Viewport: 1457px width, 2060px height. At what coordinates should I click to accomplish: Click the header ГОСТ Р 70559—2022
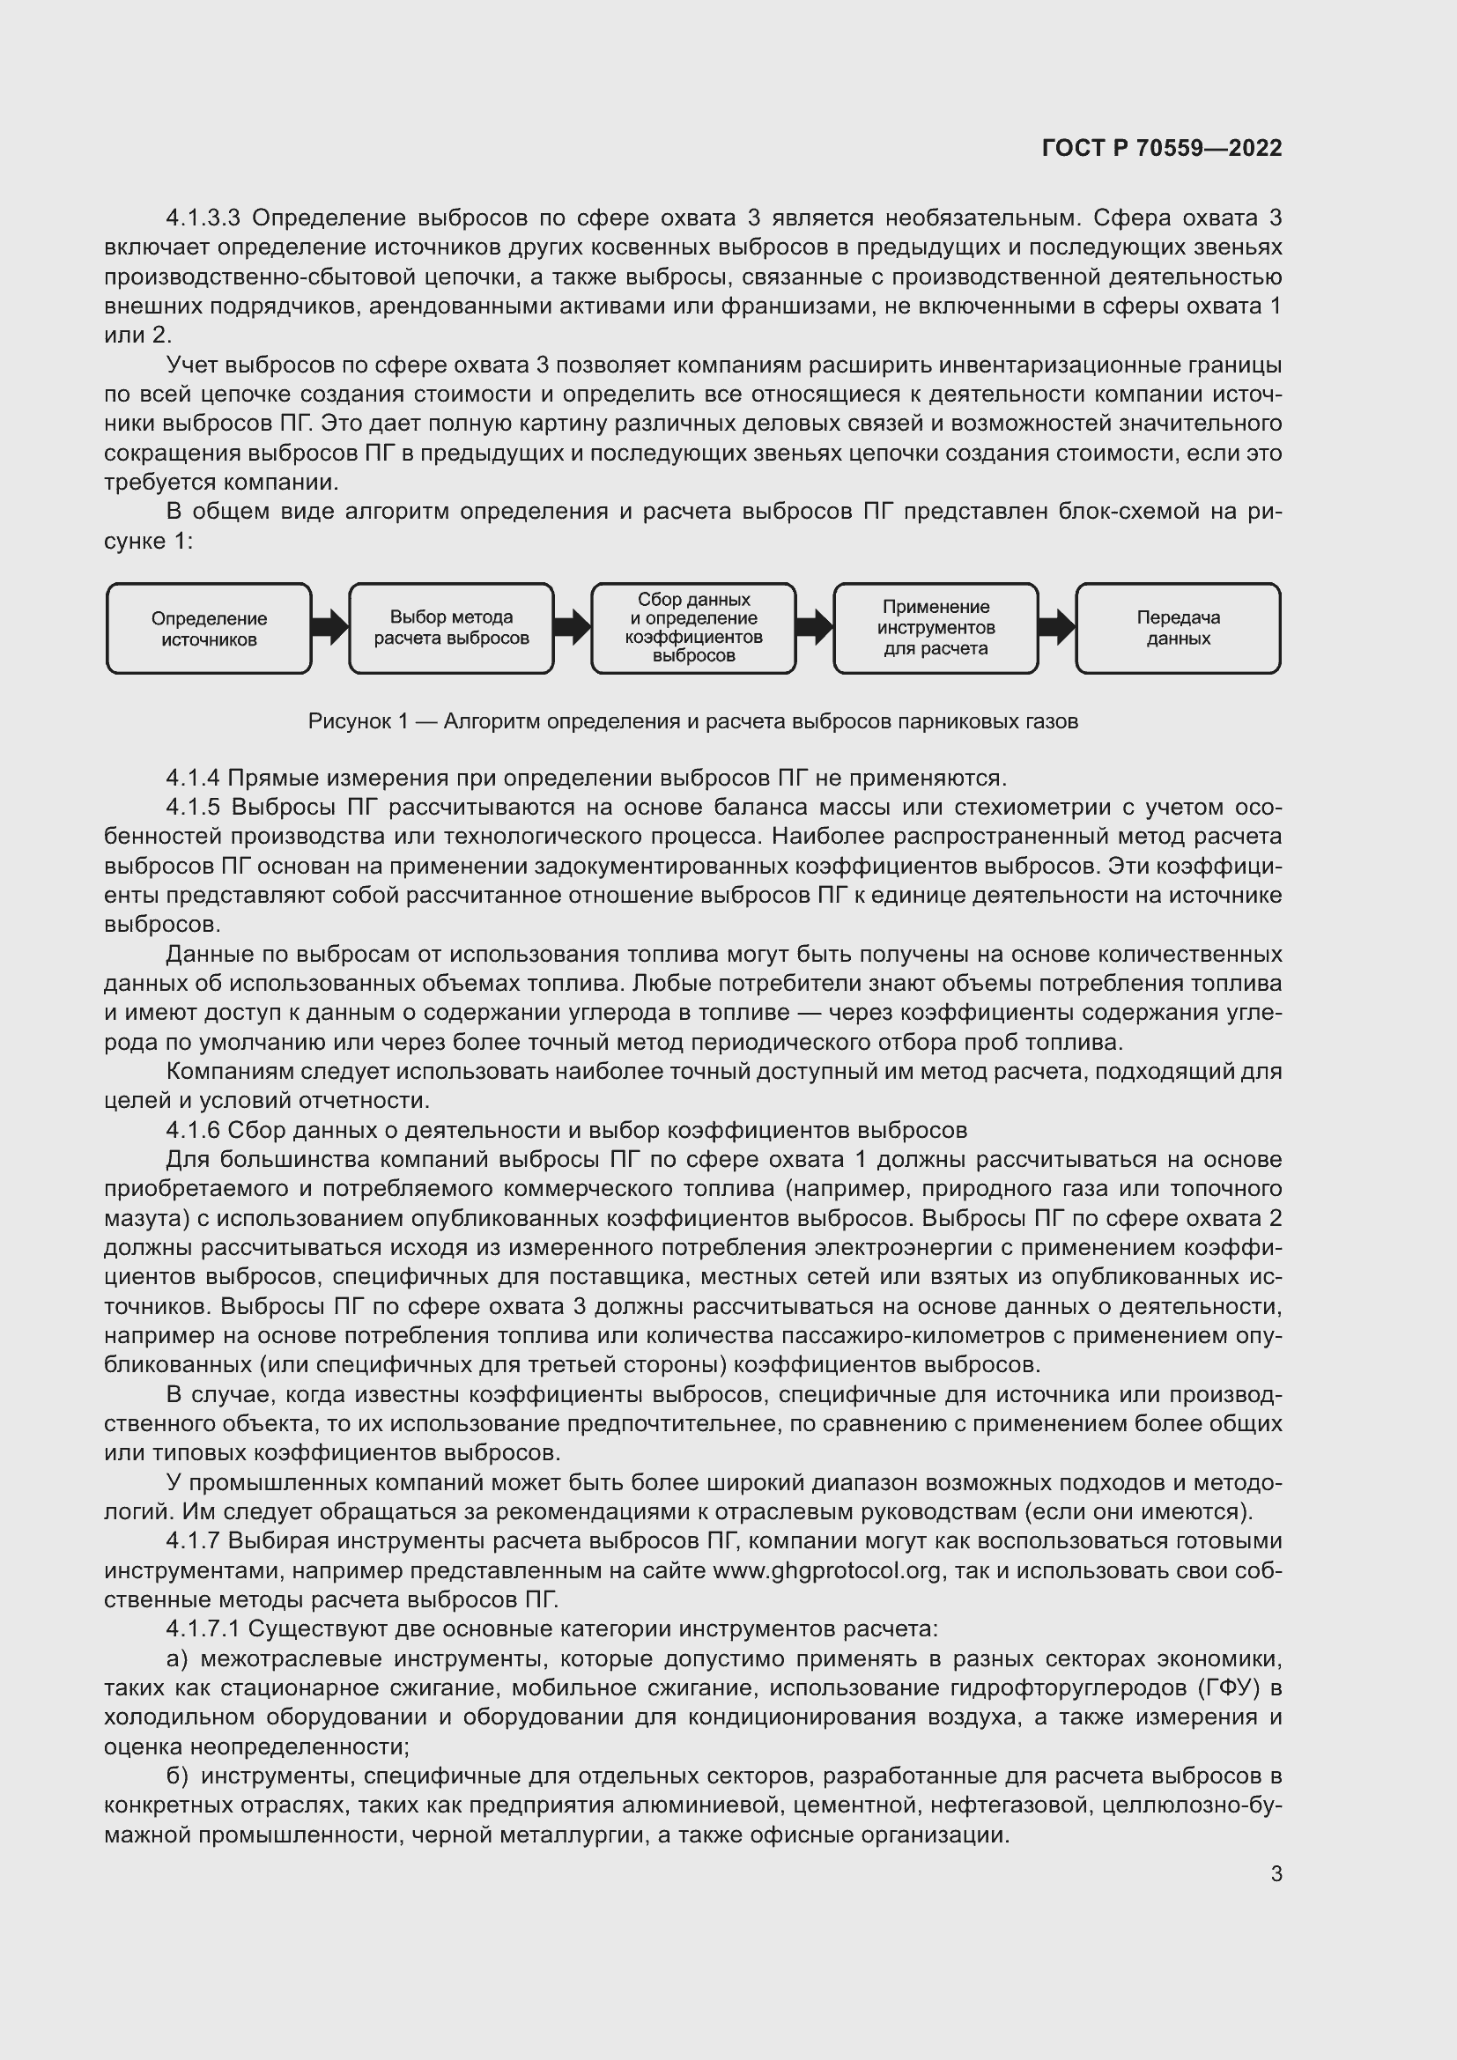coord(1161,148)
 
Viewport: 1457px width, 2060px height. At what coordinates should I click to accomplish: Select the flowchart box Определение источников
coord(209,628)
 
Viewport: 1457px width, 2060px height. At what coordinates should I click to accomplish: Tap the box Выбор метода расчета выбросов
coord(451,628)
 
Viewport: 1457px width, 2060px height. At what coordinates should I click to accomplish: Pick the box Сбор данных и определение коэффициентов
coord(693,628)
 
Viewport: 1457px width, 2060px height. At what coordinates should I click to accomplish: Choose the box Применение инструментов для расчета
coord(936,628)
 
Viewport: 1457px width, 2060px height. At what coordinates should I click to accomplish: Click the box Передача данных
coord(1178,628)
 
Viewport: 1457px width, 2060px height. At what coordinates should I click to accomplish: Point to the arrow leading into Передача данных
coord(1057,627)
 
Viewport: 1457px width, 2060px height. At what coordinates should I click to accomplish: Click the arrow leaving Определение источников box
coord(330,627)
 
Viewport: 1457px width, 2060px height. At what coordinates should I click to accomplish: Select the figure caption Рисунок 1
coord(692,721)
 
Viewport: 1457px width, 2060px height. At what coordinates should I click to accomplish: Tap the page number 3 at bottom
coord(1276,1873)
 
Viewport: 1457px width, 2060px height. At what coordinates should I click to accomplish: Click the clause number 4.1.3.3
coord(203,218)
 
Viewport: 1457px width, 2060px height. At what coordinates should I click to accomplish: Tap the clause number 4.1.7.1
coord(203,1628)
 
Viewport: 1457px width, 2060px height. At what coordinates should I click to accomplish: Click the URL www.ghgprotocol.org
coord(826,1570)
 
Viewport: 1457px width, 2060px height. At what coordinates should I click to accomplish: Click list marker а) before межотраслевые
coord(177,1658)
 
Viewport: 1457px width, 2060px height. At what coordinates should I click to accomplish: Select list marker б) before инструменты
coord(177,1776)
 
